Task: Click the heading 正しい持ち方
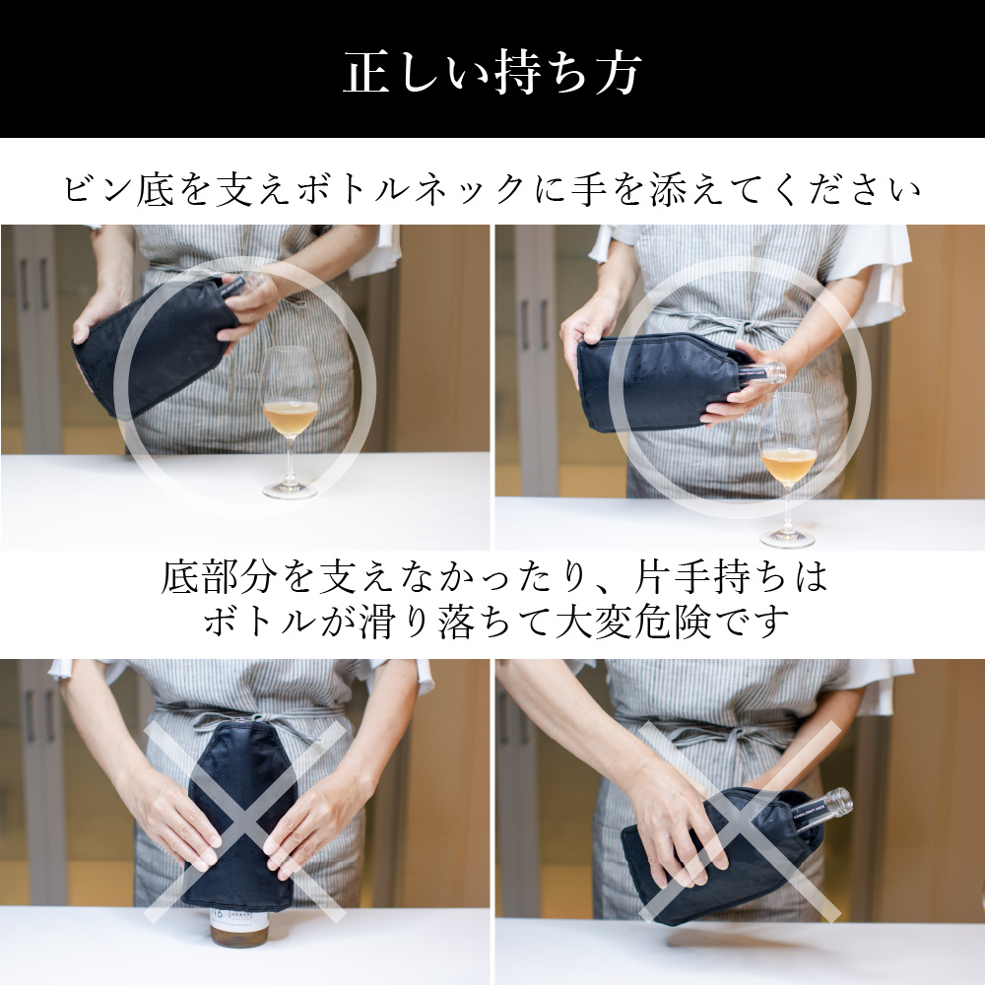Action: pyautogui.click(x=492, y=72)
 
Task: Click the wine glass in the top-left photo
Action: pyautogui.click(x=290, y=422)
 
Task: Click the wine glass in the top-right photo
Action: pyautogui.click(x=788, y=468)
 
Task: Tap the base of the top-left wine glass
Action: pyautogui.click(x=290, y=490)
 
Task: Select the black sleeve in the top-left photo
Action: pyautogui.click(x=154, y=347)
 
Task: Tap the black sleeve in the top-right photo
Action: pyautogui.click(x=662, y=384)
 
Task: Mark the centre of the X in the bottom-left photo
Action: pyautogui.click(x=246, y=821)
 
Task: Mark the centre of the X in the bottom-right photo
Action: pyautogui.click(x=740, y=821)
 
